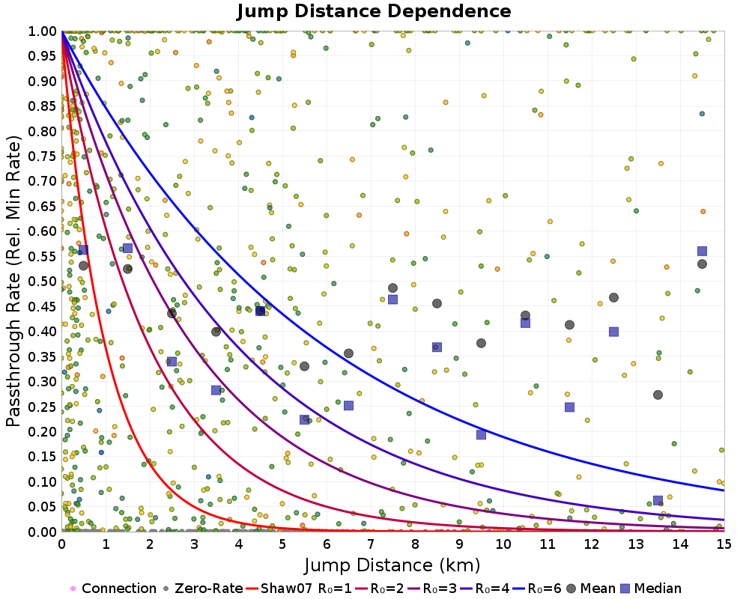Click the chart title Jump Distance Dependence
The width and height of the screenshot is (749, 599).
click(x=374, y=11)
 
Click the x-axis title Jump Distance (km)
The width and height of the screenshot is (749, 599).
click(x=392, y=564)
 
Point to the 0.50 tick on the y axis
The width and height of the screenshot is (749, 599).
click(x=43, y=282)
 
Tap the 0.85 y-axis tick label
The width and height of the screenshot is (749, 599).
click(x=43, y=106)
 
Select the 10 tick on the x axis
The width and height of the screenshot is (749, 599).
click(x=503, y=545)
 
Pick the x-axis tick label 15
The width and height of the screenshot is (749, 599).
click(x=724, y=545)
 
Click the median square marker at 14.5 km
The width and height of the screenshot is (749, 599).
click(x=702, y=251)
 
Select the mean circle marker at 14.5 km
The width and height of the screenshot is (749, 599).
click(x=702, y=264)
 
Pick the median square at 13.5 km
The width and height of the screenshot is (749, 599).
click(x=658, y=500)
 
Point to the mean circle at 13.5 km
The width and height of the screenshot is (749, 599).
click(x=658, y=395)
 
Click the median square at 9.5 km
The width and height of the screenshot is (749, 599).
click(x=481, y=434)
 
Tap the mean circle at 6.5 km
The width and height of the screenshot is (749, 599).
click(x=348, y=353)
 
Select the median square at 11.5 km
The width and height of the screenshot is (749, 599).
click(x=569, y=407)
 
